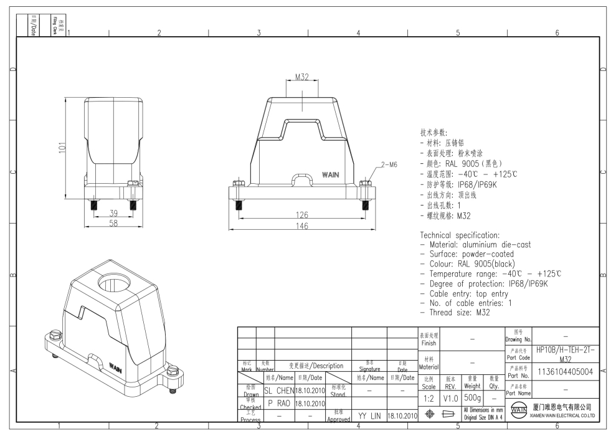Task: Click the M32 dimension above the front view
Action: pyautogui.click(x=301, y=77)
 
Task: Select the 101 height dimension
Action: pyautogui.click(x=62, y=146)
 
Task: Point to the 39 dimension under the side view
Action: pyautogui.click(x=113, y=214)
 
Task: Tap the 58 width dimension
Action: pyautogui.click(x=113, y=223)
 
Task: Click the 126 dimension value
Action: pyautogui.click(x=301, y=216)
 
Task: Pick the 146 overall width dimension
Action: pyautogui.click(x=301, y=225)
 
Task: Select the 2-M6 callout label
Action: pyautogui.click(x=389, y=164)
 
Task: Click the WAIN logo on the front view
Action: pyautogui.click(x=330, y=175)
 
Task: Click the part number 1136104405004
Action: pyautogui.click(x=565, y=372)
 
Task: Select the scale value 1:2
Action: pyautogui.click(x=429, y=397)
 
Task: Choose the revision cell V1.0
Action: pyautogui.click(x=451, y=397)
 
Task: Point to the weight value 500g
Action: pyautogui.click(x=472, y=397)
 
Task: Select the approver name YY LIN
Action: pyautogui.click(x=369, y=415)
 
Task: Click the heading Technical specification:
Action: pyautogui.click(x=460, y=235)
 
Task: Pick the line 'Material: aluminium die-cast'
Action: pyautogui.click(x=476, y=245)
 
